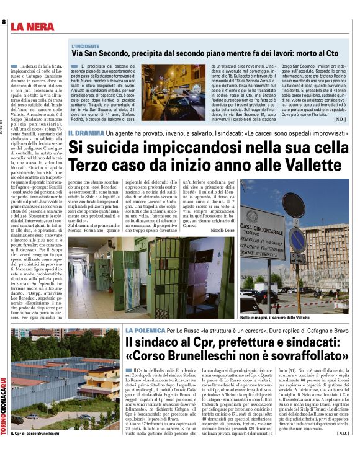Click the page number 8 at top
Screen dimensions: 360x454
point(4,22)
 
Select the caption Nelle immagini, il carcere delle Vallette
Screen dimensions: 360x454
point(275,317)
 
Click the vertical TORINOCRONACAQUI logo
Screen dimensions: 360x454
point(4,409)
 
